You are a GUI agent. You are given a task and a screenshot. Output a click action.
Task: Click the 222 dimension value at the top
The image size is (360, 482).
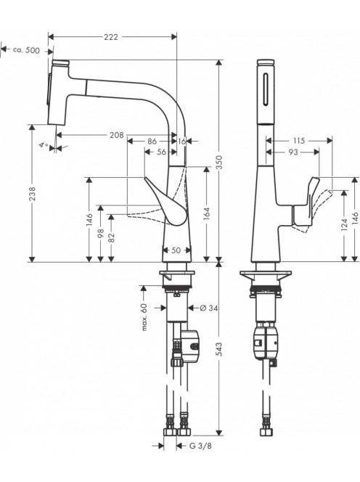click(x=110, y=37)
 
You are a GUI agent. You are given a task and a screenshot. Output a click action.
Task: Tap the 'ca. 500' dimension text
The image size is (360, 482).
click(x=26, y=50)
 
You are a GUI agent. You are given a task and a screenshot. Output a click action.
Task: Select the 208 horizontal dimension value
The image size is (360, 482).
click(x=117, y=134)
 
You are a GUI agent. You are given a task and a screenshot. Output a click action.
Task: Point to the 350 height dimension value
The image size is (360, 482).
click(x=218, y=163)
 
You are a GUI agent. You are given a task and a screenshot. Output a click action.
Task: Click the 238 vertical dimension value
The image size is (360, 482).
click(x=32, y=194)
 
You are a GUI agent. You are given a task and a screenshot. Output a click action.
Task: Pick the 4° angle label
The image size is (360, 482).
click(x=44, y=145)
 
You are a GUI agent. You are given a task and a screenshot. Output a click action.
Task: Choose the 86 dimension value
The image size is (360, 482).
click(x=152, y=141)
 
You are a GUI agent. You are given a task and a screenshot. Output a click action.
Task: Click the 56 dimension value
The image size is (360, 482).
click(x=161, y=152)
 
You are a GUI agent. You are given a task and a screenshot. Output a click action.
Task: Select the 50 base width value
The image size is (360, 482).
click(x=176, y=250)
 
